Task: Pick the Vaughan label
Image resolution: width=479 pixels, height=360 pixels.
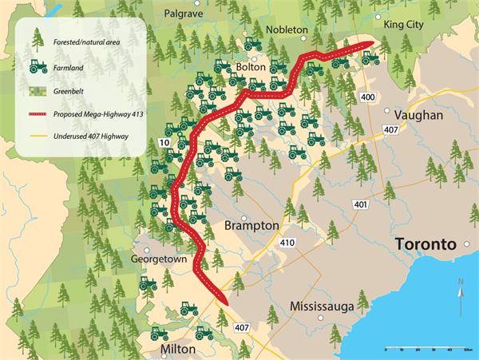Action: [419, 116]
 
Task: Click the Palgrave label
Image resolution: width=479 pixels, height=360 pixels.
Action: [184, 14]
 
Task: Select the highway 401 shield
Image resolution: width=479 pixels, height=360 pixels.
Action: [360, 204]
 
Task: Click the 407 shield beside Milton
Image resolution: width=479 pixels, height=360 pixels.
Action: [242, 327]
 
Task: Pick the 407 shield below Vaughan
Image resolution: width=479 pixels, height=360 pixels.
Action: [390, 130]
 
